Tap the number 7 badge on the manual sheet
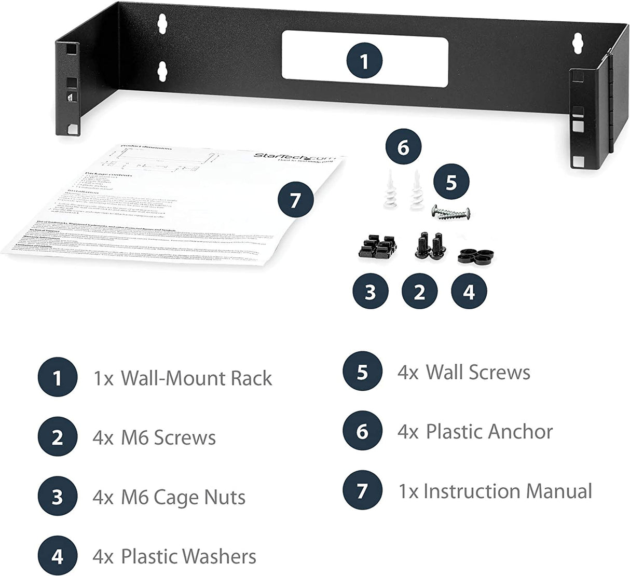pos(295,200)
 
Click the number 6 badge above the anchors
pos(403,147)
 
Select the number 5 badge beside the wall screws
pos(451,183)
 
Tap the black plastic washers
pos(475,255)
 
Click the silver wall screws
pos(451,212)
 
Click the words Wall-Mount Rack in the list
pos(196,378)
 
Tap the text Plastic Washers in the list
pos(188,557)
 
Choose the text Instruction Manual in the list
pos(508,491)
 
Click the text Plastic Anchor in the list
pos(489,431)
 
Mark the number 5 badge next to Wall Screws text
pos(362,372)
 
